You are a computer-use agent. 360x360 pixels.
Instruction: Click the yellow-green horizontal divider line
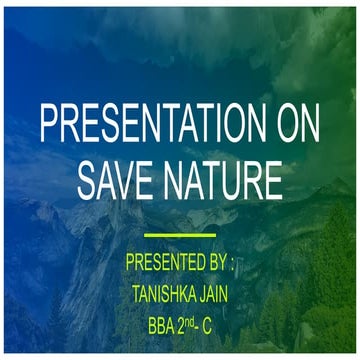click(x=180, y=236)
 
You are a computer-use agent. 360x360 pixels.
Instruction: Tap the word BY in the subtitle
click(x=214, y=265)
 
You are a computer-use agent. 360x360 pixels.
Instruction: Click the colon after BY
click(x=232, y=266)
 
